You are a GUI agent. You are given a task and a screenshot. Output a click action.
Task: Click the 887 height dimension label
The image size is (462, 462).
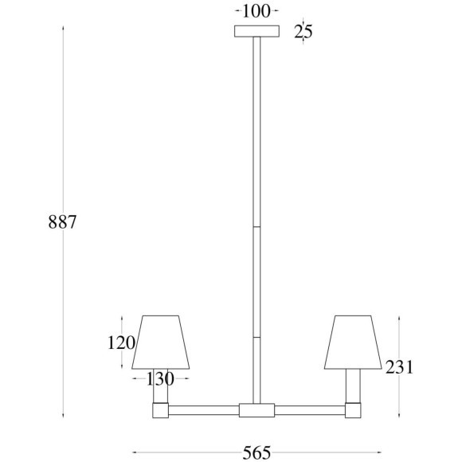(62, 222)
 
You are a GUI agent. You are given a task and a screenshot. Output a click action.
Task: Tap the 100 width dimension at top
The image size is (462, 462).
(256, 11)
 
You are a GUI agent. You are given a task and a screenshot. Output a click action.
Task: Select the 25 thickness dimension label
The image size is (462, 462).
(303, 31)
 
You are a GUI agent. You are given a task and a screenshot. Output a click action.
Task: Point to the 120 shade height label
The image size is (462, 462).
(121, 343)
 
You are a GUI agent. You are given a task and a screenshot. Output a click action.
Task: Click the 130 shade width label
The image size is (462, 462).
(160, 378)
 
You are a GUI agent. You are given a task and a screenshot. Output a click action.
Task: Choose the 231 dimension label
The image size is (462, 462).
(400, 367)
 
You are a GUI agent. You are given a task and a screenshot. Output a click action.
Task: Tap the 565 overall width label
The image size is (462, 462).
(256, 452)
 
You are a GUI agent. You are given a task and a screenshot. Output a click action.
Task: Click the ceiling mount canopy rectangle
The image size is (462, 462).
(256, 31)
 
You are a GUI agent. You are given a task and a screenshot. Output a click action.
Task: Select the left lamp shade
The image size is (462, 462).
(161, 342)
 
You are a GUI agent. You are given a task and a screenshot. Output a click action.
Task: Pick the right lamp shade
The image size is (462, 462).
(353, 342)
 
